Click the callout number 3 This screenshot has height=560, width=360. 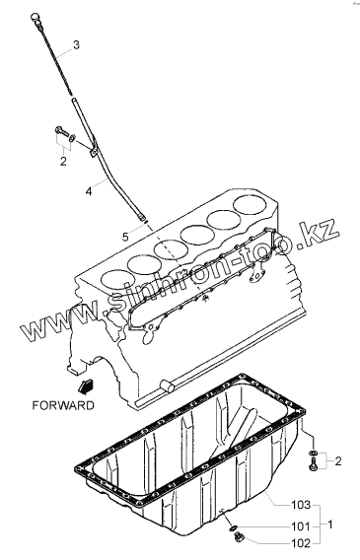click(x=76, y=45)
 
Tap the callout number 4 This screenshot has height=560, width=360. click(x=89, y=191)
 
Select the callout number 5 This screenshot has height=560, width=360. click(x=125, y=237)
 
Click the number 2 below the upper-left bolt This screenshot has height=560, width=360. click(x=63, y=162)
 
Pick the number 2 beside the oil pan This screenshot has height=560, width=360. click(x=338, y=461)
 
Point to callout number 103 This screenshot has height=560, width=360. click(x=301, y=505)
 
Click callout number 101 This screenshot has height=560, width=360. click(x=301, y=526)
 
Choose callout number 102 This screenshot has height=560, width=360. click(x=301, y=543)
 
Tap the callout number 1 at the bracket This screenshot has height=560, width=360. click(x=330, y=525)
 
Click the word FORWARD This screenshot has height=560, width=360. click(x=63, y=405)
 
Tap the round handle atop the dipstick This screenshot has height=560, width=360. click(x=35, y=17)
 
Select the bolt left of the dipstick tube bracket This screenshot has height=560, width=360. click(x=61, y=131)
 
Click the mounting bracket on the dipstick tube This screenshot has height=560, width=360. click(x=94, y=151)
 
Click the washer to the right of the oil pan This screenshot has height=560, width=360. click(x=314, y=454)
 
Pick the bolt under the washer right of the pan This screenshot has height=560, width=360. click(x=314, y=464)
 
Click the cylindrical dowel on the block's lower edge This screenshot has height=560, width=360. click(x=167, y=385)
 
